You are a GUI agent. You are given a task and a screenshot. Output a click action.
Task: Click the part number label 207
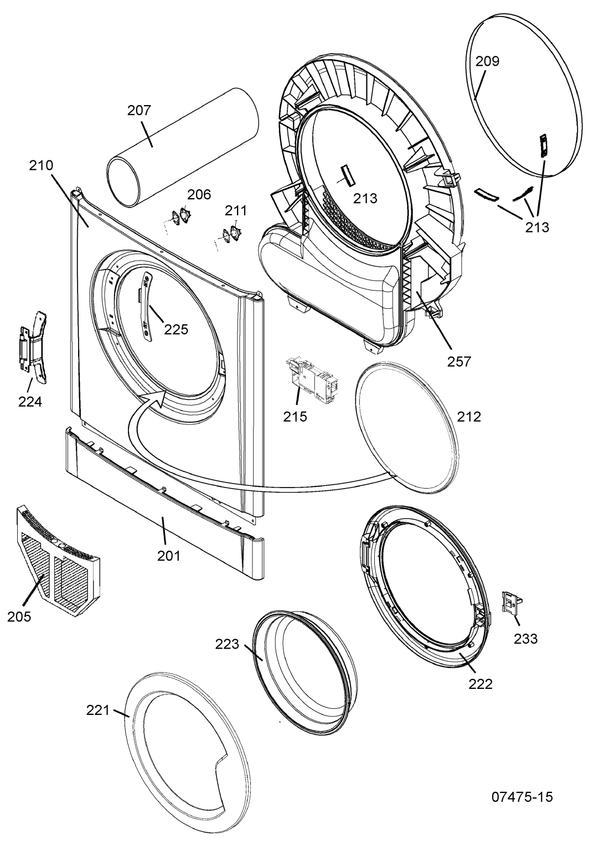point(139,111)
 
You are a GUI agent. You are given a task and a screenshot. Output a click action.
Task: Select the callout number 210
point(41,165)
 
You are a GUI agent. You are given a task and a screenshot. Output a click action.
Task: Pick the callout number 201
point(169,556)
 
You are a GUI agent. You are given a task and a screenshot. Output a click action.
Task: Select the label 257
point(459,361)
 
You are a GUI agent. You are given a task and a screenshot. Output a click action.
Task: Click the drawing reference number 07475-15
point(522,797)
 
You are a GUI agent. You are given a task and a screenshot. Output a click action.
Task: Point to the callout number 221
point(98,710)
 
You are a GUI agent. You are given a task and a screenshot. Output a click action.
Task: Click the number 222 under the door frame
point(481,684)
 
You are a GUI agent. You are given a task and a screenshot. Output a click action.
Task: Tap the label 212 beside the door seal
point(469,417)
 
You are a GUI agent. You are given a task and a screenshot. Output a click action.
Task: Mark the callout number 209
point(488,61)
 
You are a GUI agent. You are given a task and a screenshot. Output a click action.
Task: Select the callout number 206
point(199,194)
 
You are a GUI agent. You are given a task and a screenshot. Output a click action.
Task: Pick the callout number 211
point(236,211)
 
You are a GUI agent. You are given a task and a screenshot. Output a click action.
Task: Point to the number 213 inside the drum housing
point(365,198)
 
